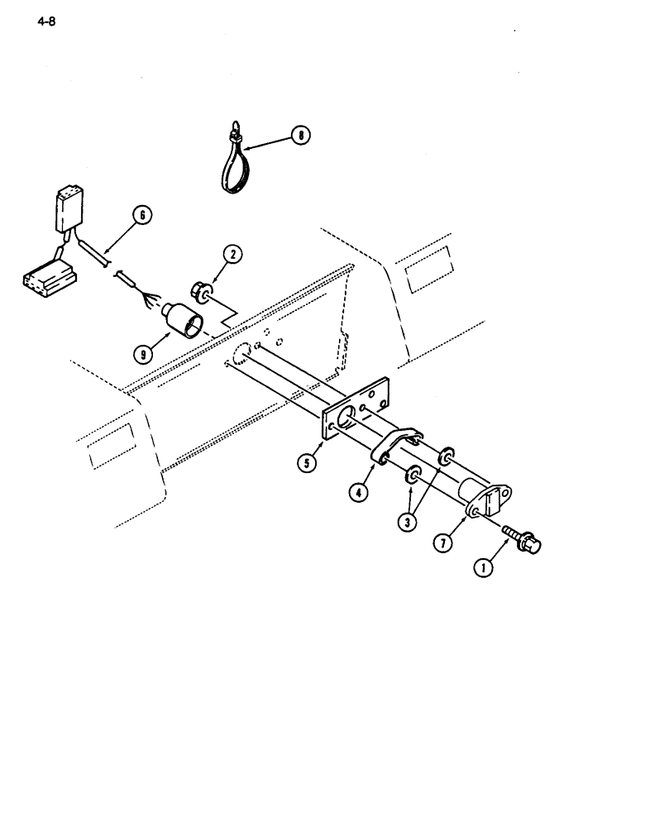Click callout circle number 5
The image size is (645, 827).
click(308, 464)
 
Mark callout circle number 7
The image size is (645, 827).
click(446, 543)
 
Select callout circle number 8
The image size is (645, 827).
click(300, 135)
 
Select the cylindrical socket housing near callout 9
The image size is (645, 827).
click(185, 321)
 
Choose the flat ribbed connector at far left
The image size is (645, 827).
click(47, 278)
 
